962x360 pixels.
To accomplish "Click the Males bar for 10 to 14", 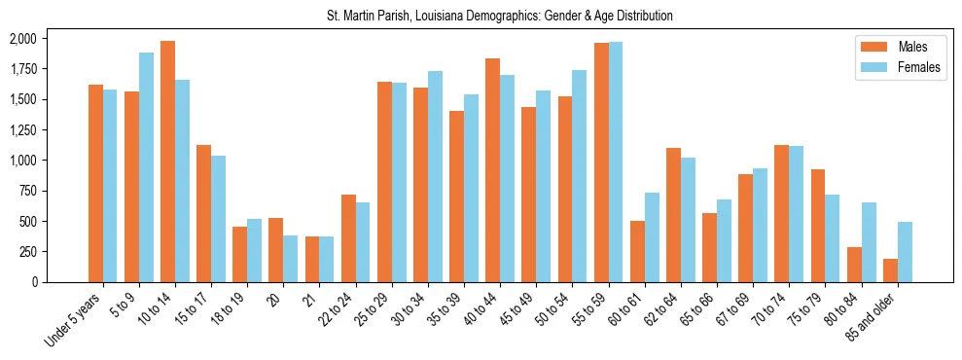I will tap(167, 162).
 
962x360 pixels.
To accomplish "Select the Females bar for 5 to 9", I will tap(146, 167).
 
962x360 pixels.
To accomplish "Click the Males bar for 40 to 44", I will tap(492, 170).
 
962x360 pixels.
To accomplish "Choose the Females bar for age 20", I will tap(291, 259).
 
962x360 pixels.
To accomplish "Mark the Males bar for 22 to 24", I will tap(348, 238).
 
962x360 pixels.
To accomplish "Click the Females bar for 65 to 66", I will tap(724, 240).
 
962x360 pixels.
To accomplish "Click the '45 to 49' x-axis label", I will tap(516, 310).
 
